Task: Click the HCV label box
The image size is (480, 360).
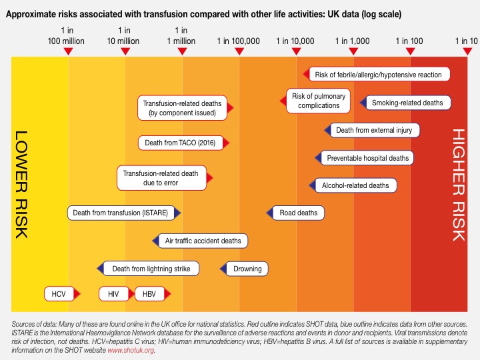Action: [58, 293]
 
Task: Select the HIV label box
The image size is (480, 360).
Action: [113, 293]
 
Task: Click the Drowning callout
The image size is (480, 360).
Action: [247, 269]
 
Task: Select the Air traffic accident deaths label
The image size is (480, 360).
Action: [203, 241]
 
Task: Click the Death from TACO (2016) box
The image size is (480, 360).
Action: [180, 143]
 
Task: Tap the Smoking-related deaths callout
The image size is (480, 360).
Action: [407, 103]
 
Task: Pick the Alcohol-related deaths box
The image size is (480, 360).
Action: [355, 185]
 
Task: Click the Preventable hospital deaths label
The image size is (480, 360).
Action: [367, 158]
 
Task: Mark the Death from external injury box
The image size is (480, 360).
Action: [373, 130]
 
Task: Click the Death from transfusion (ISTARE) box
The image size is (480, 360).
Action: [124, 213]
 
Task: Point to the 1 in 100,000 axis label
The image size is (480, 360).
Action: [238, 41]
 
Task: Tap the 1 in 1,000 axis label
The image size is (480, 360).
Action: [352, 41]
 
